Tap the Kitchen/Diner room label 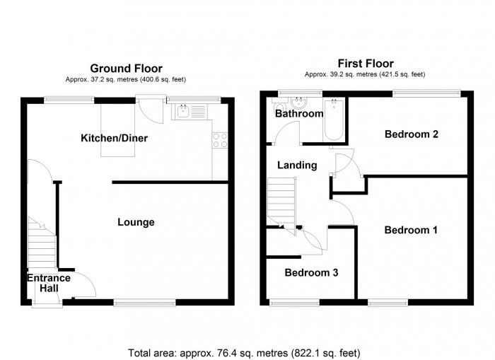tap(114, 138)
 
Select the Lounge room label tap(136, 222)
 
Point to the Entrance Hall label tap(49, 283)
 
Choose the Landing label tap(296, 166)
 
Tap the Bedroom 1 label tap(411, 230)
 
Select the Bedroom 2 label tap(411, 134)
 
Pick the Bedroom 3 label tap(311, 272)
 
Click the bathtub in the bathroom tap(333, 120)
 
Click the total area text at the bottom tap(244, 352)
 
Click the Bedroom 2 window tap(426, 91)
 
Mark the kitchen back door tap(150, 107)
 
